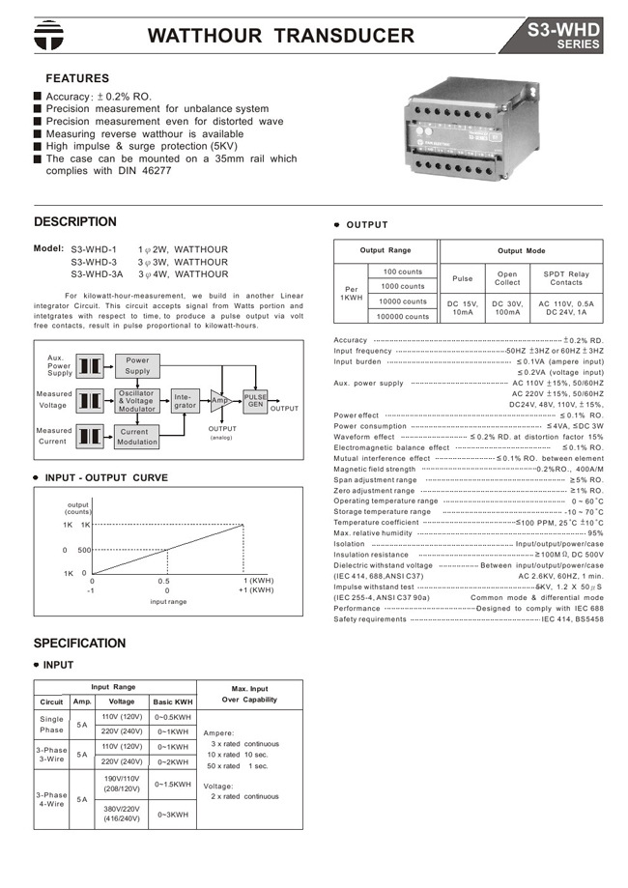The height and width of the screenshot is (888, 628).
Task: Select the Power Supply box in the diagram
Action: point(138,365)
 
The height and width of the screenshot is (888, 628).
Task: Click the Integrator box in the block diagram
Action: point(185,401)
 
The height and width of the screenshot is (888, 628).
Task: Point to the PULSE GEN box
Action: point(255,401)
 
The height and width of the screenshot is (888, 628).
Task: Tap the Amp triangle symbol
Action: point(220,401)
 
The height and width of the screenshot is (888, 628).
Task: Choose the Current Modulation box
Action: point(138,437)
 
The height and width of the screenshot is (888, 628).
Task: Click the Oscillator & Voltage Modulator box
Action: point(138,401)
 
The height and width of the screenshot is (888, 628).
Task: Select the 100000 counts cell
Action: point(403,316)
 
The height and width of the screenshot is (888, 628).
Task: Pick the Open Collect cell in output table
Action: point(507,278)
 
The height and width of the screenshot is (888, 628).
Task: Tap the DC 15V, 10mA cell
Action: point(463,308)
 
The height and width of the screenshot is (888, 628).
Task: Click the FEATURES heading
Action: point(78,78)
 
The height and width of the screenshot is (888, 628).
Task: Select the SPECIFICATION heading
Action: point(79,643)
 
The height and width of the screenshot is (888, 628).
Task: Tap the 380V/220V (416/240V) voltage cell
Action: point(121,815)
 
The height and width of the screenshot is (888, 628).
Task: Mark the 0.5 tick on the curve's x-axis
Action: point(164,581)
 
